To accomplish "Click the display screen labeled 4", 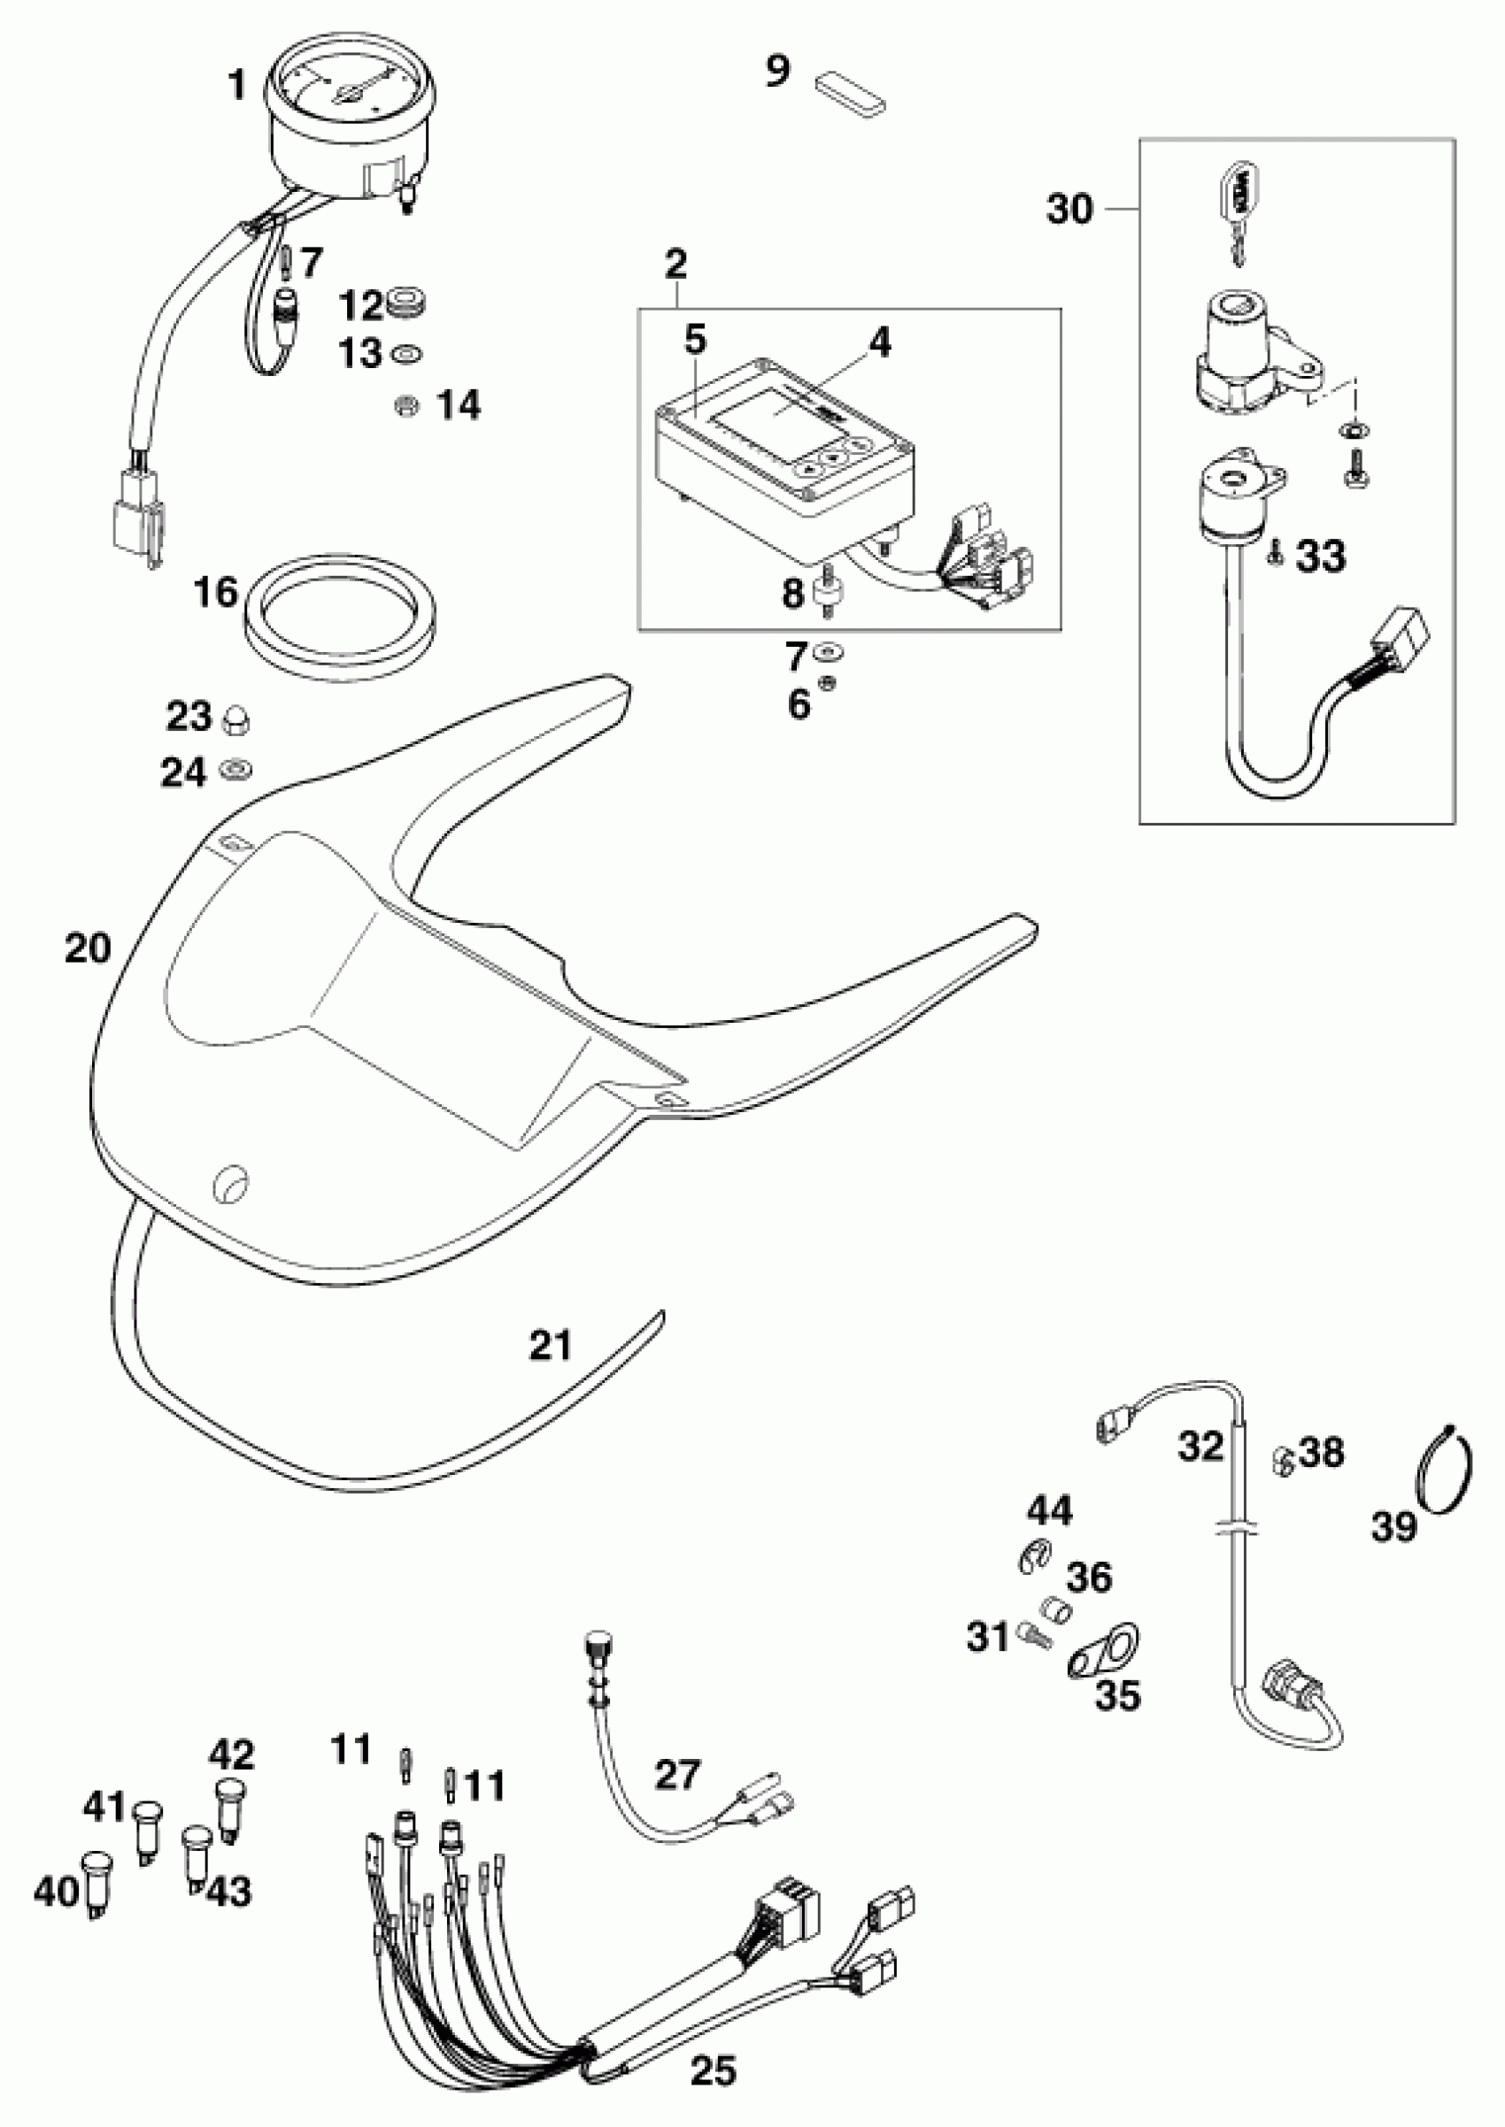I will click(x=778, y=414).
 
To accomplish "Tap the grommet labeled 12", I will click(x=407, y=303).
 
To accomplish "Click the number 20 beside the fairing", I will click(x=88, y=948).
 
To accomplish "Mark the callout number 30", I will click(x=1070, y=211).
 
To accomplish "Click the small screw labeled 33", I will click(x=1275, y=557).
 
